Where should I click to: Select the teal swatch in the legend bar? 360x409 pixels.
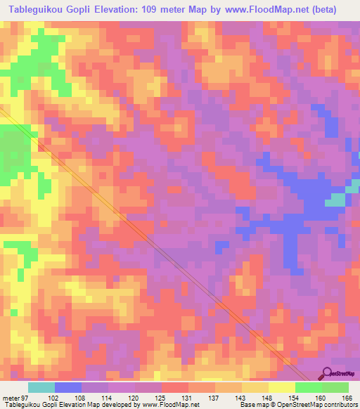pos(41,387)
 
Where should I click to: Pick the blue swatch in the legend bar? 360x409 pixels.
pos(68,387)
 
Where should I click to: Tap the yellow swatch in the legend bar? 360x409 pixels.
pos(281,387)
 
